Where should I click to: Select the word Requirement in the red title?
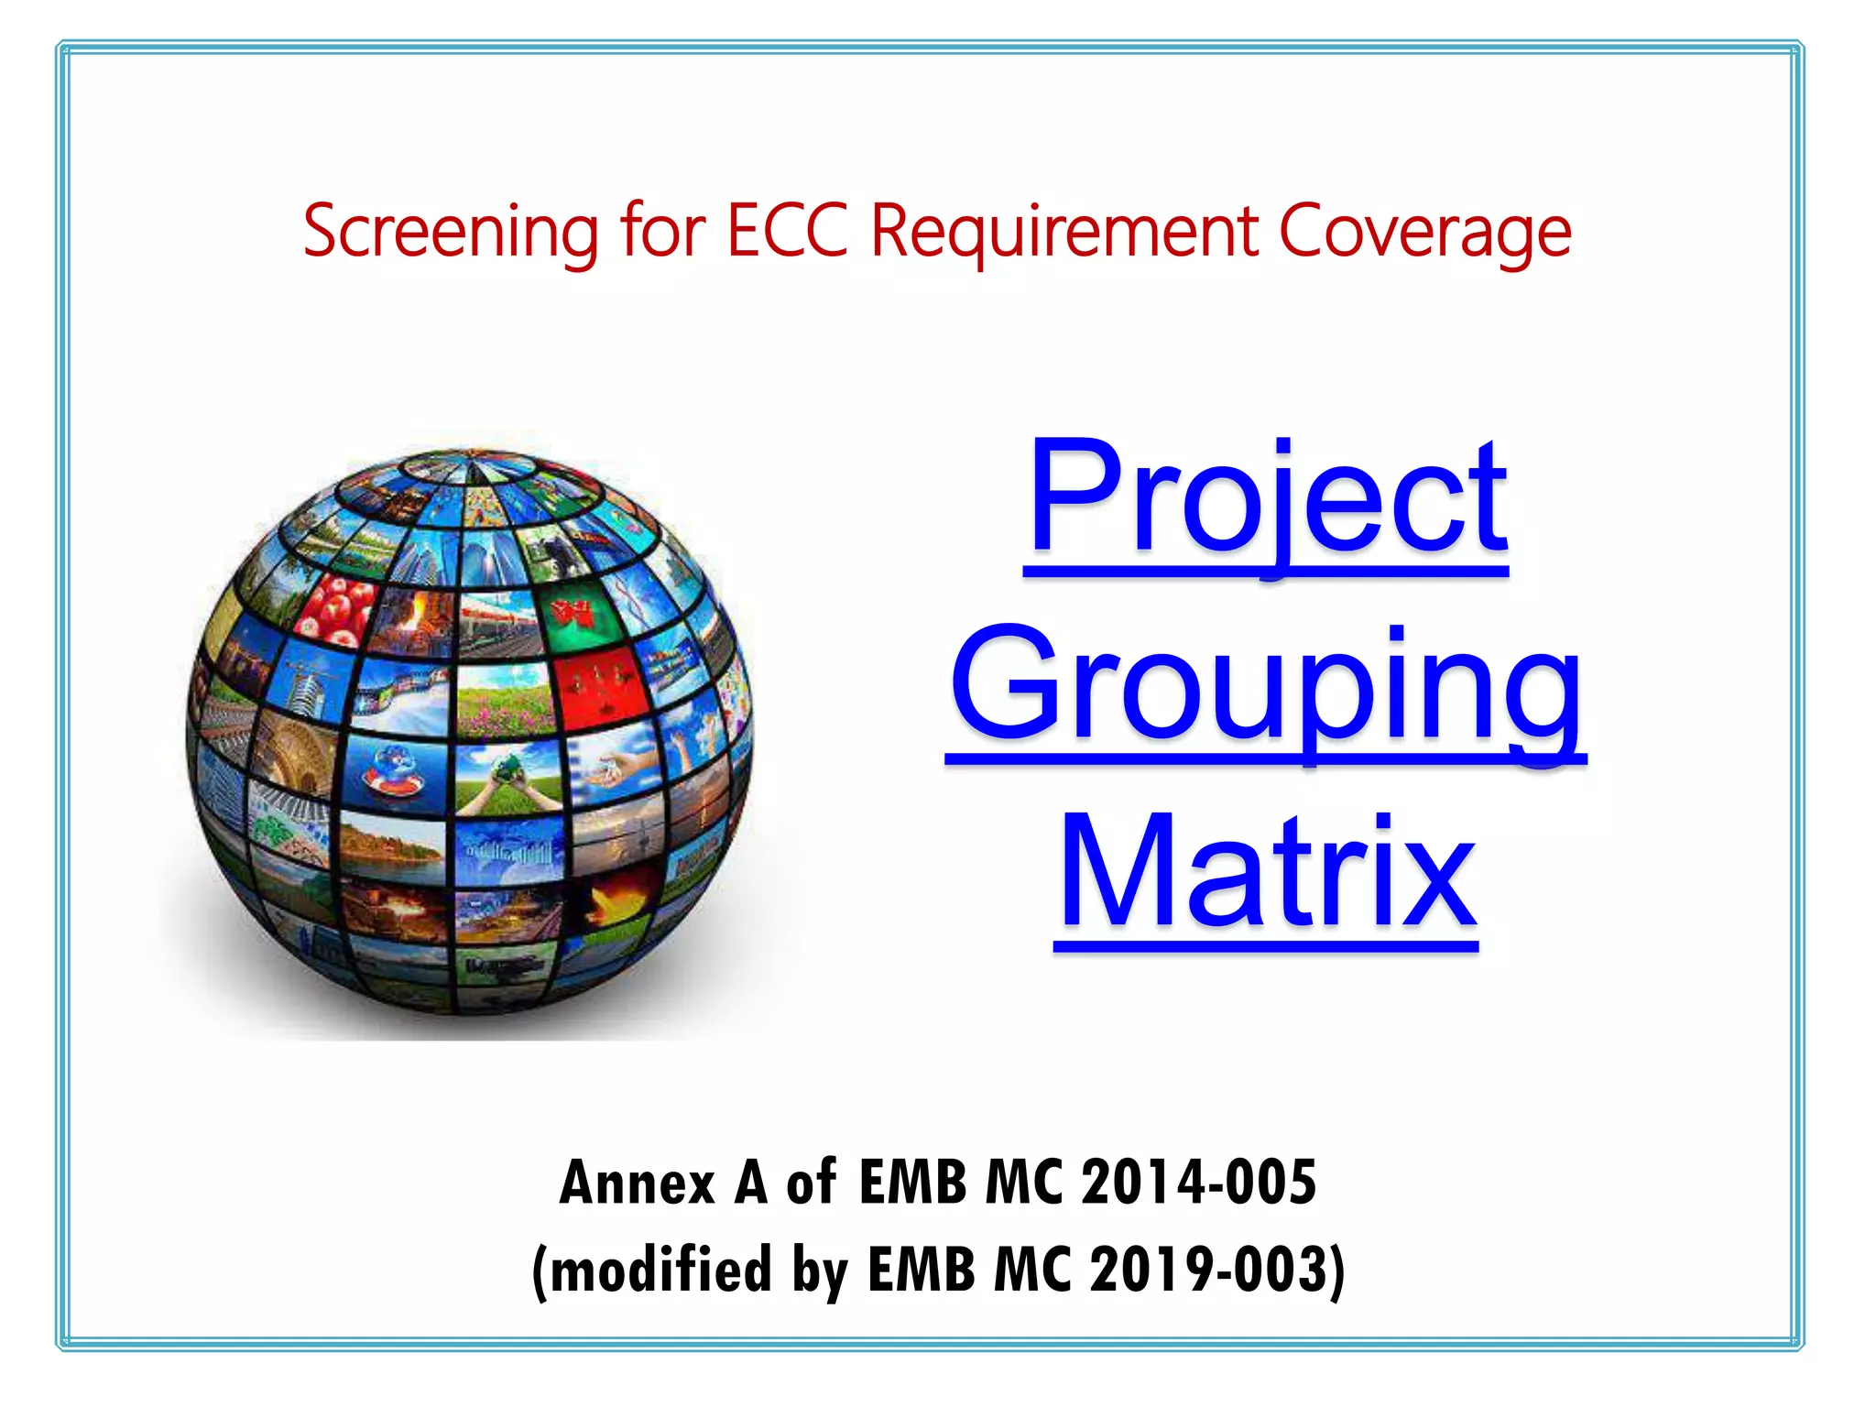tap(1064, 232)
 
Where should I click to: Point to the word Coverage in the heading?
tap(1424, 232)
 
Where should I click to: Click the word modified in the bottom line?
tap(660, 1270)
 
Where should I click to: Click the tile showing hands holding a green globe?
tap(508, 779)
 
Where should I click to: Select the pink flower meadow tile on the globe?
tap(505, 700)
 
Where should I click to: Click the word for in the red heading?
tap(662, 230)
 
